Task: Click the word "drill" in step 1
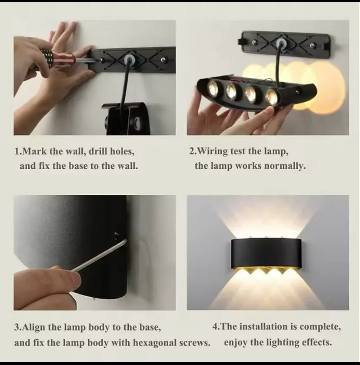(98, 151)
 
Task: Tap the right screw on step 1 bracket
(163, 60)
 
